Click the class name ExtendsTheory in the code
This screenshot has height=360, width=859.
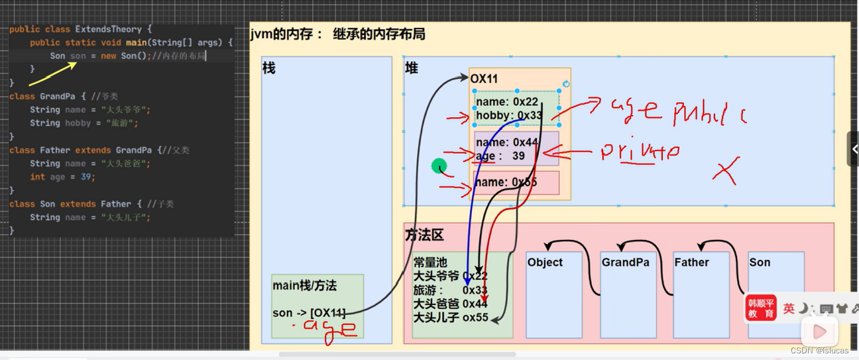pyautogui.click(x=108, y=29)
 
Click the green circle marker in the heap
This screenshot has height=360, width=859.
pyautogui.click(x=439, y=166)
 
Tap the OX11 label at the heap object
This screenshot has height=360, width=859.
pyautogui.click(x=484, y=79)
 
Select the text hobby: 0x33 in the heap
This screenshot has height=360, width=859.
pyautogui.click(x=509, y=115)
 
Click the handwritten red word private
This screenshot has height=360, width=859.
pyautogui.click(x=640, y=152)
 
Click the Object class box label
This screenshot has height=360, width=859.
pyautogui.click(x=545, y=263)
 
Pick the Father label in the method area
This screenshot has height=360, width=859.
pyautogui.click(x=691, y=263)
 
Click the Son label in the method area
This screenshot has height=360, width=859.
pyautogui.click(x=760, y=263)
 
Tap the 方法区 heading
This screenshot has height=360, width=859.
pyautogui.click(x=424, y=235)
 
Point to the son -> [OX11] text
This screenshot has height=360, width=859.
pyautogui.click(x=309, y=313)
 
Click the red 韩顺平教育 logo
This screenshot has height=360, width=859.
pyautogui.click(x=761, y=308)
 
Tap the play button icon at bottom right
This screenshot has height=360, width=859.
pyautogui.click(x=820, y=331)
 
